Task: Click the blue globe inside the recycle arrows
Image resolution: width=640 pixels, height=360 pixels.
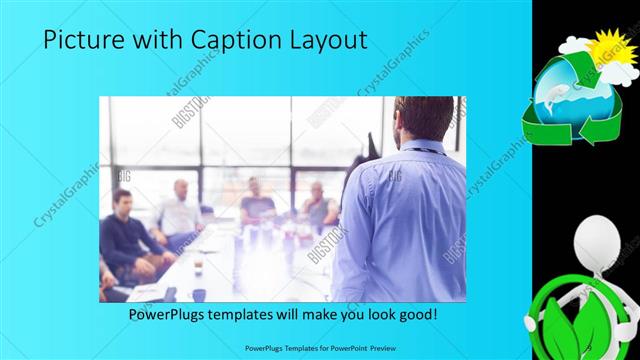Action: coord(572,98)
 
